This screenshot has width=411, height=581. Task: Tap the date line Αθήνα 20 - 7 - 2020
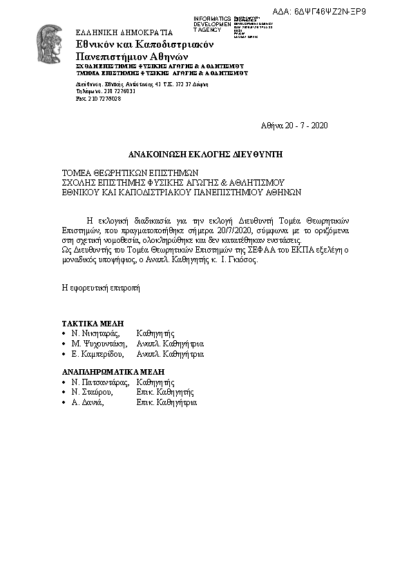[294, 126]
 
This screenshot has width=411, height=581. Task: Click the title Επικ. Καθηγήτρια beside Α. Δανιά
[166, 402]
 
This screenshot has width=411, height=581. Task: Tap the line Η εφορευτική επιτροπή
[101, 288]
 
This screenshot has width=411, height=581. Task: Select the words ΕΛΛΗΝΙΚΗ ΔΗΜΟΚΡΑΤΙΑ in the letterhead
[123, 32]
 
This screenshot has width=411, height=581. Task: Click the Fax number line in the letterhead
[98, 99]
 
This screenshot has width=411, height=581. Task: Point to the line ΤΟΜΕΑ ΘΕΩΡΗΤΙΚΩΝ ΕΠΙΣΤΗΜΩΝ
[130, 173]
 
